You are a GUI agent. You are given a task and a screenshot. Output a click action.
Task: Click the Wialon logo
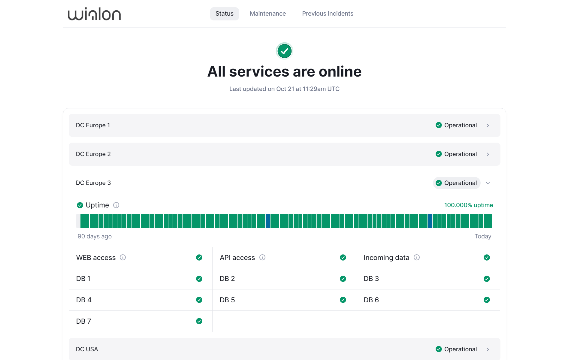[94, 14]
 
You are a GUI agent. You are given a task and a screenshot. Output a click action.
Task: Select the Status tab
[224, 14]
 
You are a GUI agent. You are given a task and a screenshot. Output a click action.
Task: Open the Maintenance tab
[268, 14]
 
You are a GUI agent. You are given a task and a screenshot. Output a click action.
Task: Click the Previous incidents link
[328, 14]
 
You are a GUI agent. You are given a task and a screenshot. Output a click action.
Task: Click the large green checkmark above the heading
[284, 51]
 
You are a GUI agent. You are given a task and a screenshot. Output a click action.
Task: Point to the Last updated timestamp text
[284, 89]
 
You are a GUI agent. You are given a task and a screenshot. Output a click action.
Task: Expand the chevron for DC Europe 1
[488, 126]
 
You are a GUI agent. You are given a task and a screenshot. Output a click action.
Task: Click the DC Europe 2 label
[93, 154]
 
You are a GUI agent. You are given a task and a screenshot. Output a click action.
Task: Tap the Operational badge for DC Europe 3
[457, 183]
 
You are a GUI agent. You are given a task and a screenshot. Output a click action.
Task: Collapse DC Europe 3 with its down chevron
[488, 183]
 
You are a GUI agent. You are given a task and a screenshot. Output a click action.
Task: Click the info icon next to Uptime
[116, 205]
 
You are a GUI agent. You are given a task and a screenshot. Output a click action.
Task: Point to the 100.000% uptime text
[468, 205]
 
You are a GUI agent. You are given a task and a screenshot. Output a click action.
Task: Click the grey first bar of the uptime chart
[78, 221]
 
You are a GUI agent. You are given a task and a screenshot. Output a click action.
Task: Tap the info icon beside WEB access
[123, 257]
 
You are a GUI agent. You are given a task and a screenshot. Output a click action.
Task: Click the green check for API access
[343, 257]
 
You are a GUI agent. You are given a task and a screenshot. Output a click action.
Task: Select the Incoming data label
[386, 258]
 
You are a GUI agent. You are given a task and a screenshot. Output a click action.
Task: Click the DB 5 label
[227, 300]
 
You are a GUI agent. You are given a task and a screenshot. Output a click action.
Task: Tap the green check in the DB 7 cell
[199, 321]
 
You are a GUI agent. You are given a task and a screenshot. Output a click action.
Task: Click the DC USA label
[87, 349]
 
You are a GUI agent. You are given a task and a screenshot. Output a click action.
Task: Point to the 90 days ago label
[95, 236]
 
